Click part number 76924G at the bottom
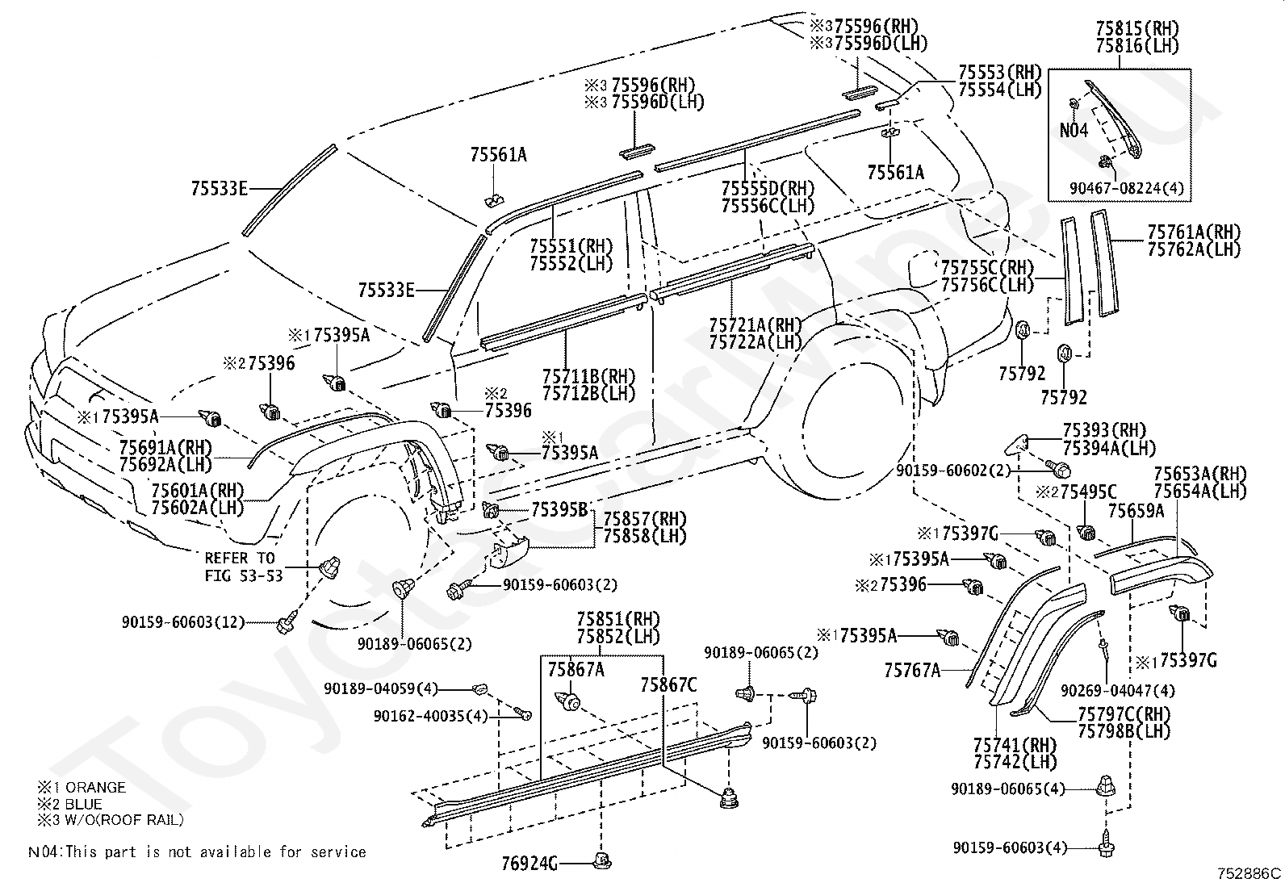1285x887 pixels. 529,864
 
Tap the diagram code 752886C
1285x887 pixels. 1249,873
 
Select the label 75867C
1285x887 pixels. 668,684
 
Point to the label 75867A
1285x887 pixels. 576,669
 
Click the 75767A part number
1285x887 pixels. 912,670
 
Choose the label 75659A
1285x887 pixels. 1136,511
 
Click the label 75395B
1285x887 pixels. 559,509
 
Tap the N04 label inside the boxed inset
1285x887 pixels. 1074,131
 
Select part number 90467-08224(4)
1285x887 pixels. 1127,188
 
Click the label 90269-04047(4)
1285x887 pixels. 1117,690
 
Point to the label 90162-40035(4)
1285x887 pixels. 430,716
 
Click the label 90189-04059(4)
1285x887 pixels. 381,688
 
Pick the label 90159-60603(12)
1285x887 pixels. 183,622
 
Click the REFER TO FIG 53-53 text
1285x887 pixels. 244,567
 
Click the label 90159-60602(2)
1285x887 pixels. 952,471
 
